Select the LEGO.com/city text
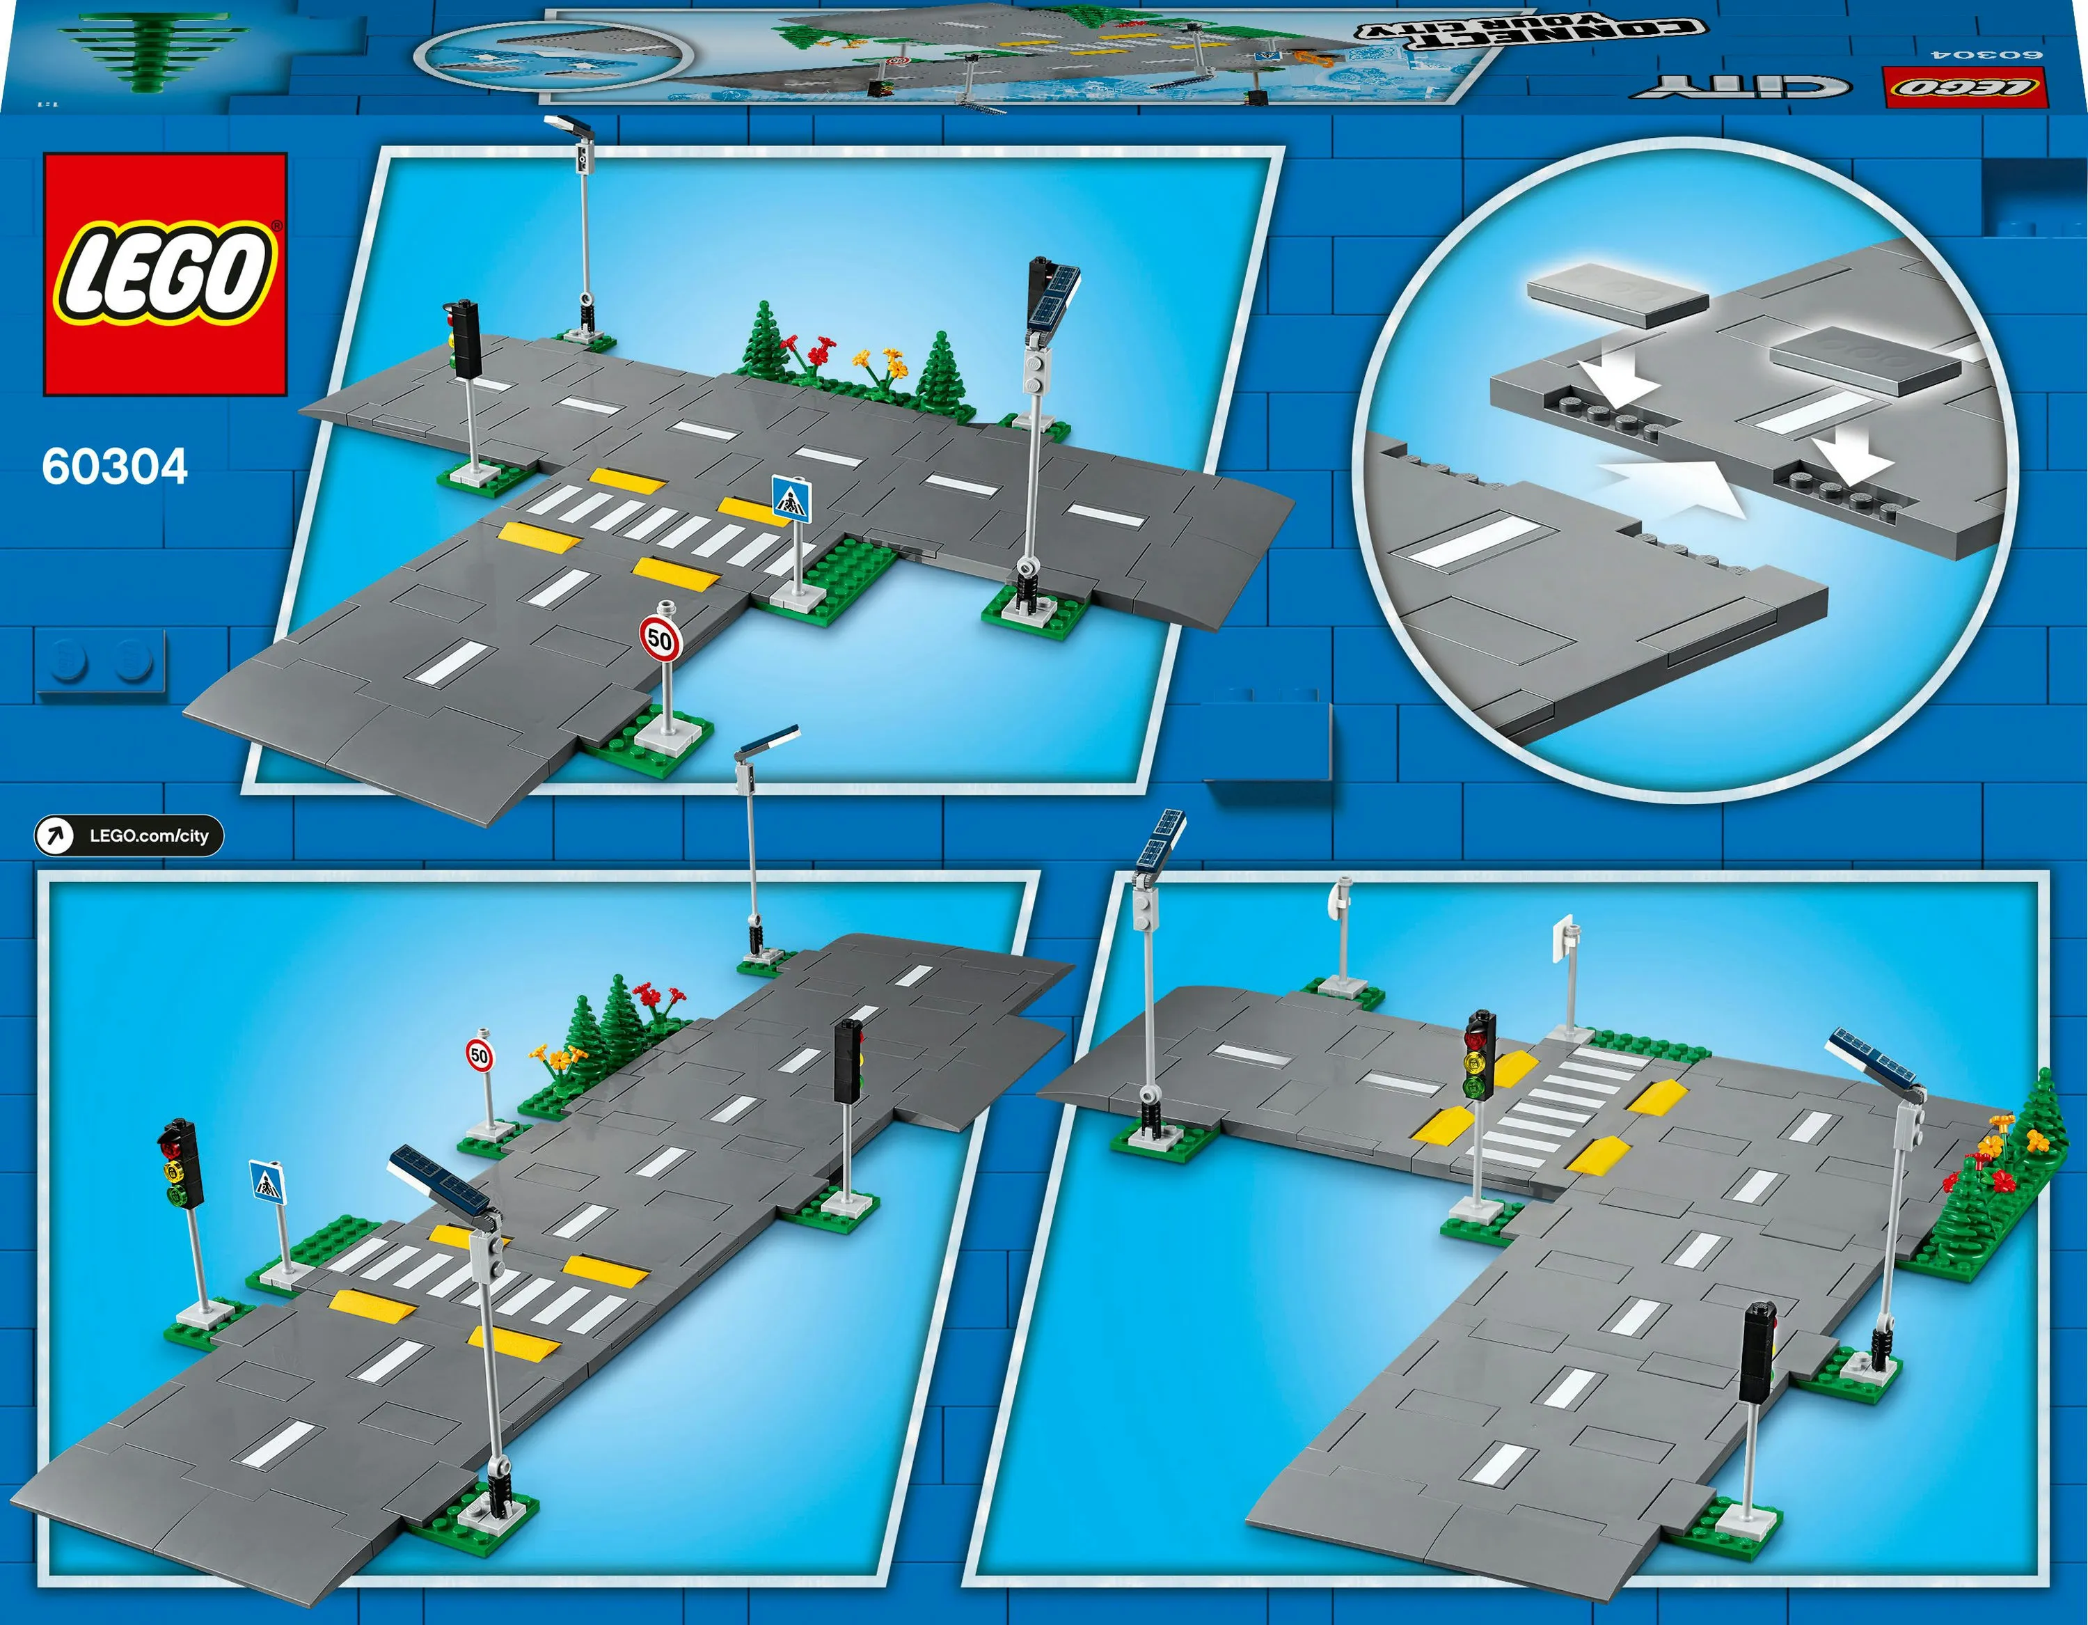click(149, 836)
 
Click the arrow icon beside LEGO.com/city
click(54, 836)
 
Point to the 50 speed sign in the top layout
click(660, 638)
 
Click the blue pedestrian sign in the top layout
click(791, 500)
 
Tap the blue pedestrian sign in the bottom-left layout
click(267, 1182)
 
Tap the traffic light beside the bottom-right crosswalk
click(1479, 1056)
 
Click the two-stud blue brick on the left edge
click(100, 662)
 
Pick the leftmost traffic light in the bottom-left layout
click(180, 1164)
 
